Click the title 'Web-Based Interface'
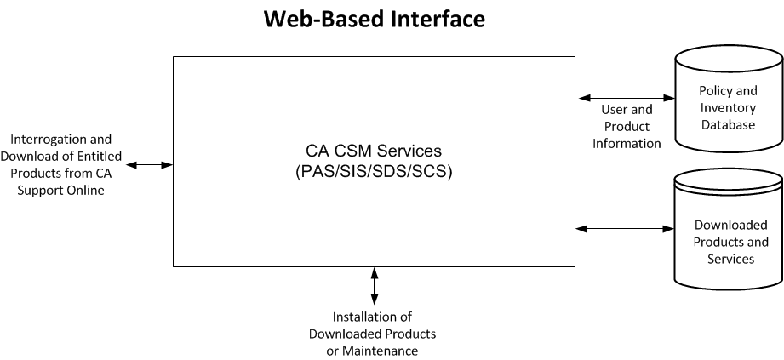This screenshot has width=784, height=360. pos(374,19)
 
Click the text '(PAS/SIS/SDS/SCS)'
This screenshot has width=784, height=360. pos(374,170)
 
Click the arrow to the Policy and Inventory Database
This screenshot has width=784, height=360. pos(625,98)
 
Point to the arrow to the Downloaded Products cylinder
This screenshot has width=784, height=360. pos(625,228)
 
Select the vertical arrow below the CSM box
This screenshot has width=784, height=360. pos(374,285)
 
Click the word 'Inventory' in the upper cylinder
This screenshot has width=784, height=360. pos(727,107)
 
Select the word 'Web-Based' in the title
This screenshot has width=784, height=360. pos(315,19)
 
